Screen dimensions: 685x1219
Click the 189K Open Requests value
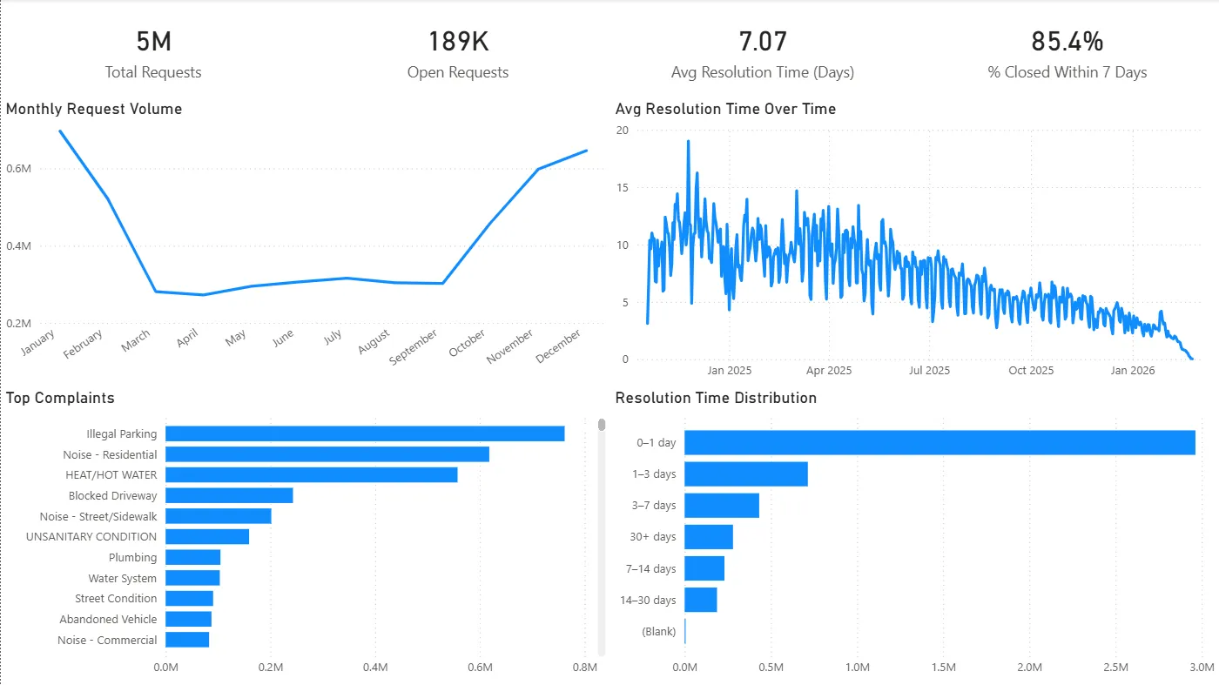point(458,42)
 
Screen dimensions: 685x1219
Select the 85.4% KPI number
point(1067,42)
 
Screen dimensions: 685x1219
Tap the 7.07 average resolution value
point(762,42)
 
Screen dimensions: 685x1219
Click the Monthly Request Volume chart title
point(94,109)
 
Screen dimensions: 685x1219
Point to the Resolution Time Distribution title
point(716,398)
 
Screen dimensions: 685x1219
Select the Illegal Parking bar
point(365,433)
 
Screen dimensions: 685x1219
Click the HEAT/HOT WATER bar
point(311,474)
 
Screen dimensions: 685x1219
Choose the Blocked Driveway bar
point(229,495)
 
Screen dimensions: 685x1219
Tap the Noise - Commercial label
point(107,640)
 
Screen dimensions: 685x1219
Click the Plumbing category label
point(132,557)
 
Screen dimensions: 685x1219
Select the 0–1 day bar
point(940,442)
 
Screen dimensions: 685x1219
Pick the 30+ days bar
point(709,537)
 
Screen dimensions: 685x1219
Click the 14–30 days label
point(648,600)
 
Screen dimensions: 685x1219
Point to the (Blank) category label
point(658,631)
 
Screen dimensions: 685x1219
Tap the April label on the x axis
point(188,338)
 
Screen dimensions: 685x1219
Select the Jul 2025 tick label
point(930,371)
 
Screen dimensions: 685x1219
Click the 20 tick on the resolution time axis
point(622,130)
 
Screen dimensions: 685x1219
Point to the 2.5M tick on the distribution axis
point(1115,668)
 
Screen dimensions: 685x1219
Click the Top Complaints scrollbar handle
point(601,424)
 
